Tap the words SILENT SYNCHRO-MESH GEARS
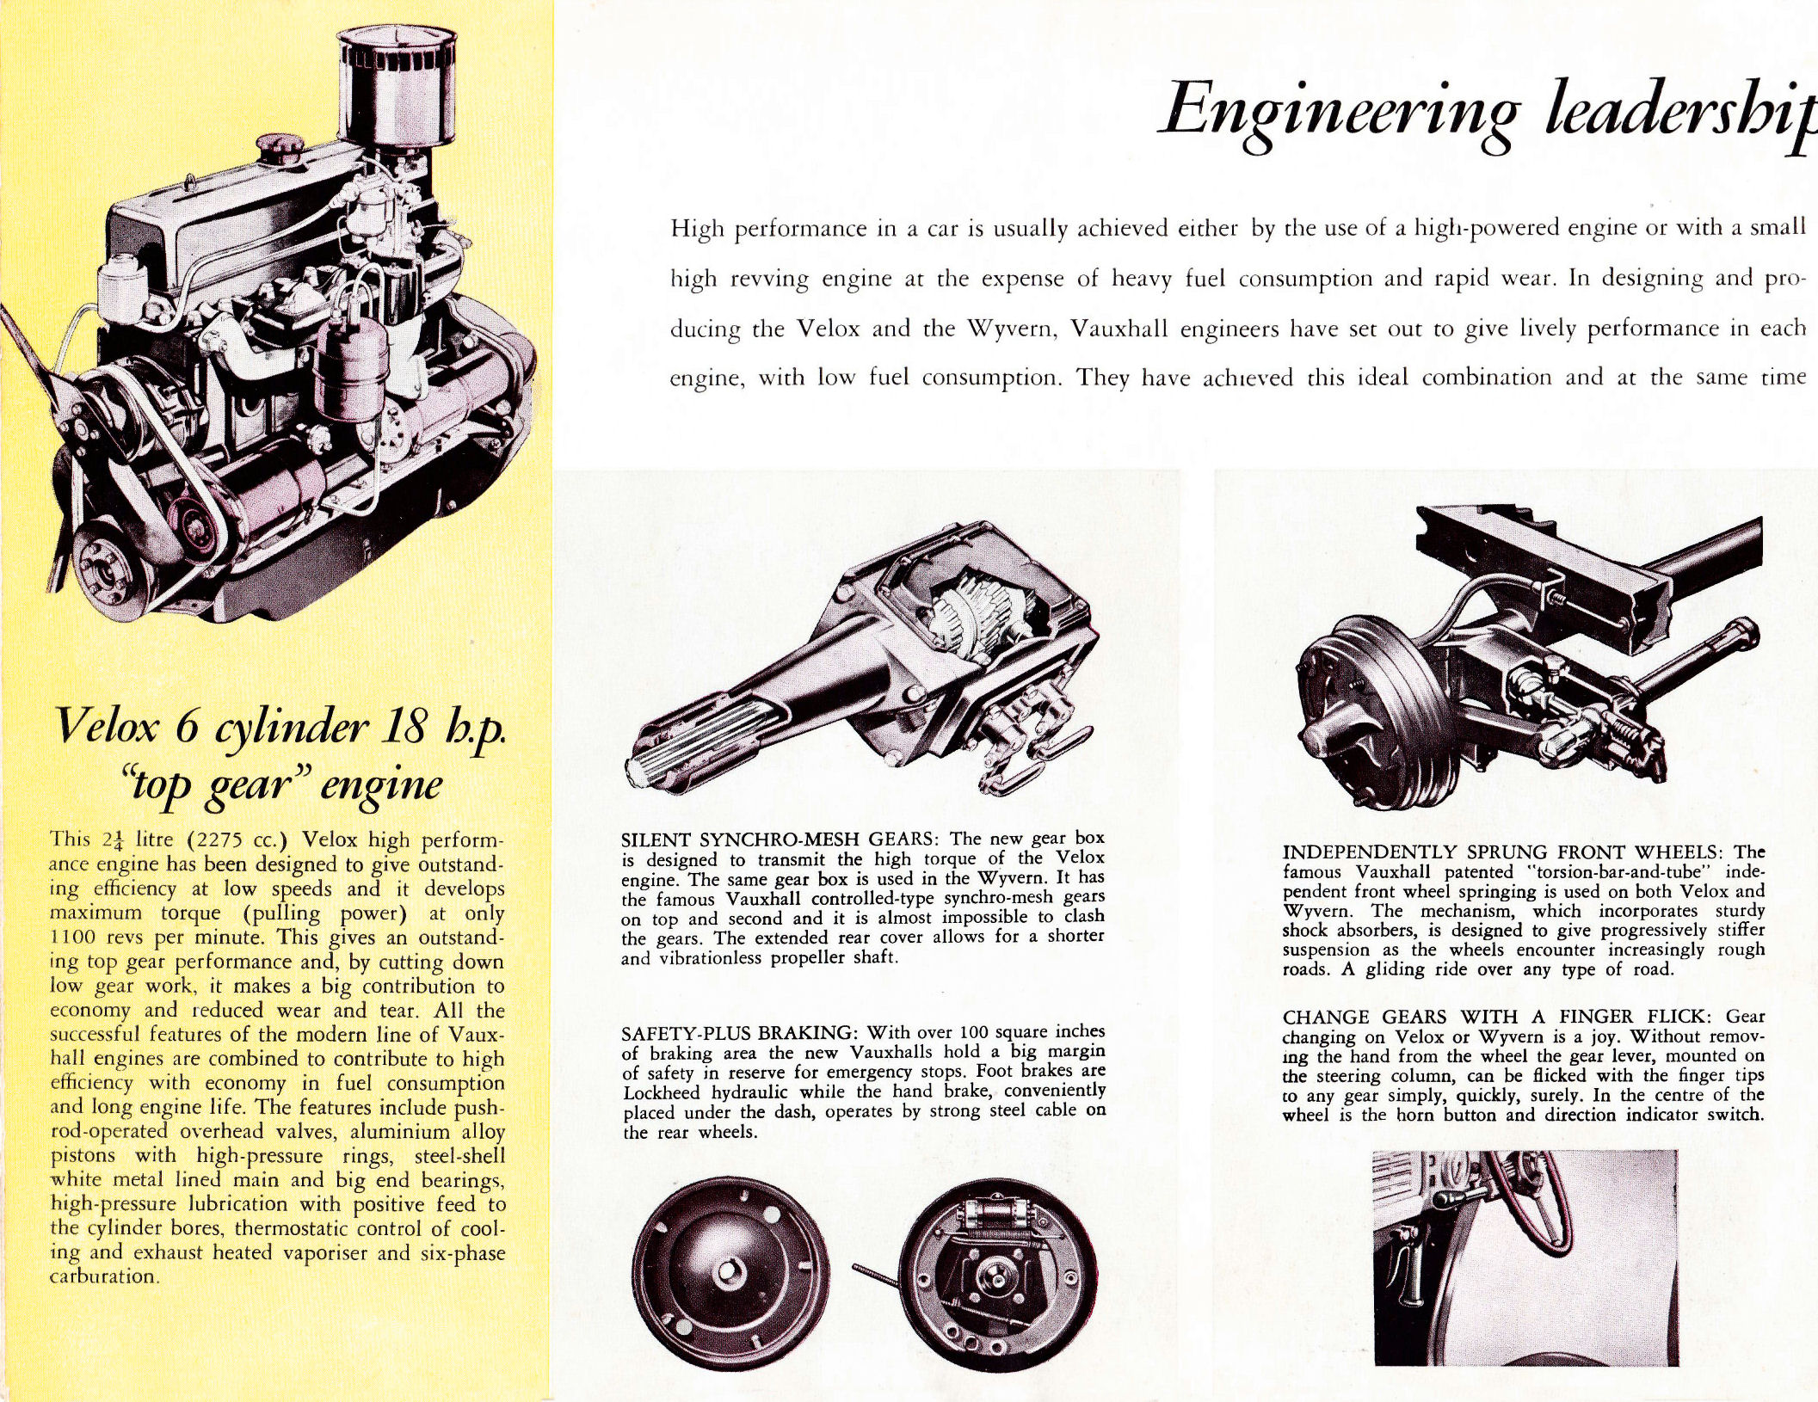click(x=781, y=839)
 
